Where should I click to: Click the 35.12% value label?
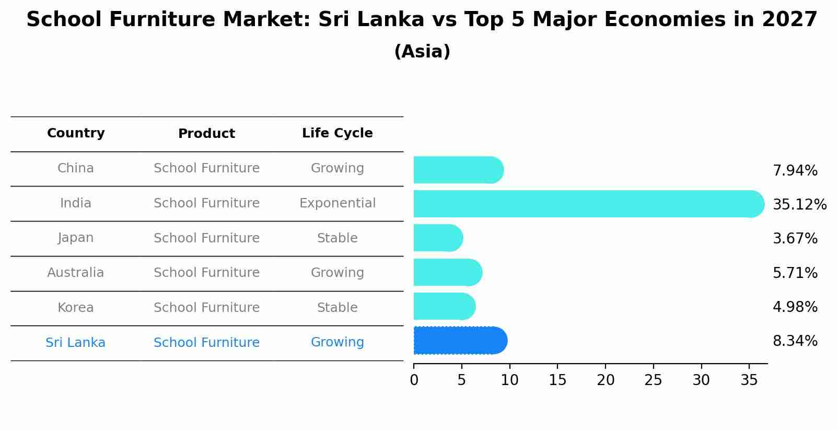[x=799, y=204]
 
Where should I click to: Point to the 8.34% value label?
[x=795, y=341]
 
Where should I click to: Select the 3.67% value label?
[x=795, y=239]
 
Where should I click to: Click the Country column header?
[x=76, y=133]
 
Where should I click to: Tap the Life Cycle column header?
[x=337, y=133]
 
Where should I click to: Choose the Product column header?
[x=206, y=134]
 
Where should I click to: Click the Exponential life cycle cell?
[x=337, y=203]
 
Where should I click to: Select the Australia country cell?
[x=76, y=273]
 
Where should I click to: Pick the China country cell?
[x=76, y=168]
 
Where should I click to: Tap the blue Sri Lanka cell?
[x=76, y=343]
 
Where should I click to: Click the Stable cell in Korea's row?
[x=337, y=308]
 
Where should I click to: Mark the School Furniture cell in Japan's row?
[x=206, y=238]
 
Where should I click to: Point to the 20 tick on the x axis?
[x=606, y=380]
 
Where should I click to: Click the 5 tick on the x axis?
[x=461, y=380]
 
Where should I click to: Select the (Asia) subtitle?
[x=422, y=52]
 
